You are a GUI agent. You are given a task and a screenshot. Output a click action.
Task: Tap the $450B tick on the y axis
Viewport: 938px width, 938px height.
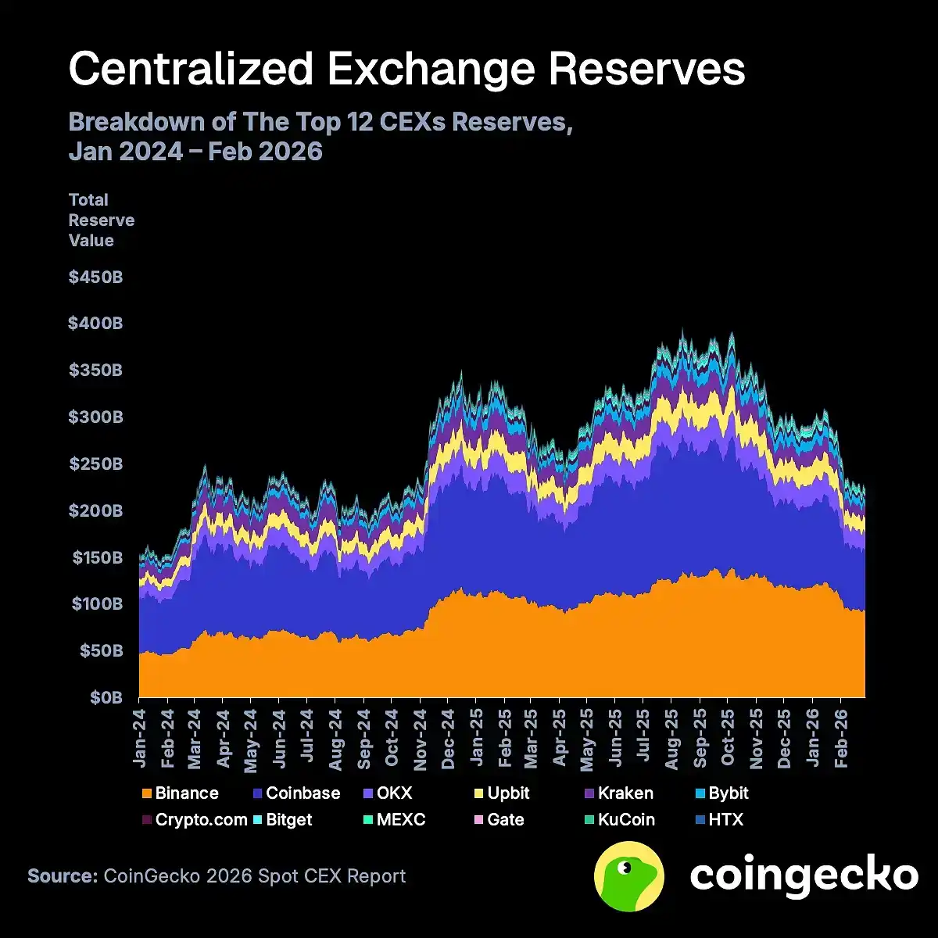(x=95, y=277)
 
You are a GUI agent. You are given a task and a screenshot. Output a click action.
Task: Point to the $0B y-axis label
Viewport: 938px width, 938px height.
(x=102, y=697)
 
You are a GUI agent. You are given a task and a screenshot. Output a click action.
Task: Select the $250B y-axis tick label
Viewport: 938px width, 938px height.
(x=95, y=464)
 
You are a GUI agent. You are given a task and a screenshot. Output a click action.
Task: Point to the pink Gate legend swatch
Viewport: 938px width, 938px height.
(x=477, y=820)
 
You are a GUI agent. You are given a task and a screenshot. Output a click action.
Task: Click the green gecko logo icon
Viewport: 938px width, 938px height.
(x=629, y=876)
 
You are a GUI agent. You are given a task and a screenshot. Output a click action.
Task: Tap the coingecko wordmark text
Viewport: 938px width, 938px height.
(x=804, y=875)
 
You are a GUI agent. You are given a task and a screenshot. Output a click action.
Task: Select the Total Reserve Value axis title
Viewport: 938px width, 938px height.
(x=101, y=220)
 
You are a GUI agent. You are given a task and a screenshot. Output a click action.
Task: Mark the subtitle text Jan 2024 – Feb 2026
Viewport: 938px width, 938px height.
(x=195, y=151)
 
